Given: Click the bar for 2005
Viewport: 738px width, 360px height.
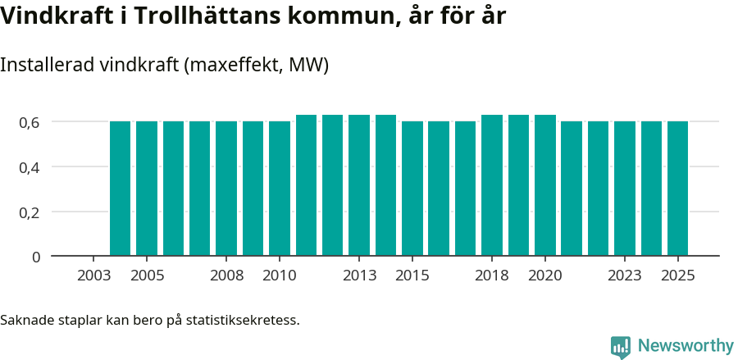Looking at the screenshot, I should [147, 189].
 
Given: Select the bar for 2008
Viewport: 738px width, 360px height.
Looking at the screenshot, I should [226, 189].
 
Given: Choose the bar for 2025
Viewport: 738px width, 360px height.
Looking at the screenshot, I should [677, 189].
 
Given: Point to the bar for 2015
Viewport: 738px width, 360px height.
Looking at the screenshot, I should [412, 189].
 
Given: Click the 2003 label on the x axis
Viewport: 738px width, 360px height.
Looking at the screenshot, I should [93, 276].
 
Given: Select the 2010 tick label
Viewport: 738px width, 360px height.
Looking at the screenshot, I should [280, 276].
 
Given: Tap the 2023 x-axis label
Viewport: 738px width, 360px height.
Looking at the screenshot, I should [625, 276].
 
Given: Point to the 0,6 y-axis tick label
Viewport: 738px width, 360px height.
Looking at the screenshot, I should [30, 122].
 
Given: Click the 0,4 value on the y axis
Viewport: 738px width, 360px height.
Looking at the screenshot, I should [30, 167].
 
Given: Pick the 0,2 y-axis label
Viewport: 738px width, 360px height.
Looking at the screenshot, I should [30, 212].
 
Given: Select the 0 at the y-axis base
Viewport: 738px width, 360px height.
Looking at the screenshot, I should [36, 257].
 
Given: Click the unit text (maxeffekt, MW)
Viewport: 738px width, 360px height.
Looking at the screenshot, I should [257, 65].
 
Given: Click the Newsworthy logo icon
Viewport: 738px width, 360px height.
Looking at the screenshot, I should [621, 346].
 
